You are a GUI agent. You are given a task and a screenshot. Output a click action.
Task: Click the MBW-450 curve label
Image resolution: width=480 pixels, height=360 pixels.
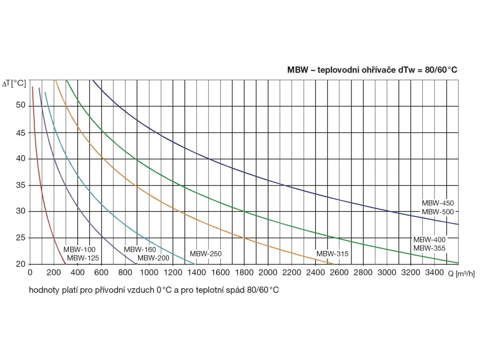(438, 203)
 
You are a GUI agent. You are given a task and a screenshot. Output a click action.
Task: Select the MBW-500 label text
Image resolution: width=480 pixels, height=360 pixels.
(438, 212)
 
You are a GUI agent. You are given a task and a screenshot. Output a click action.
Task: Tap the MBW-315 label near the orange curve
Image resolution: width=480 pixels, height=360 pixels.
(332, 254)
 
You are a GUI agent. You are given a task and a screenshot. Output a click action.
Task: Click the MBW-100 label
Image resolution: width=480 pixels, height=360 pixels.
(79, 249)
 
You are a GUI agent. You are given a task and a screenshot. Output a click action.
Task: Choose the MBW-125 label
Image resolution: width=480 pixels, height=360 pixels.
(83, 258)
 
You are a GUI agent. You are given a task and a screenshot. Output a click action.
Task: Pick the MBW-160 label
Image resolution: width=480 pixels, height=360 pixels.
(140, 249)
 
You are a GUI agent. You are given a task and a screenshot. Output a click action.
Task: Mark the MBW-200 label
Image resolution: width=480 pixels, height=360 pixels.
(153, 258)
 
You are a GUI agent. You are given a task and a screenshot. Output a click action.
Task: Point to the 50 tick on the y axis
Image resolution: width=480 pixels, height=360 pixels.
(20, 105)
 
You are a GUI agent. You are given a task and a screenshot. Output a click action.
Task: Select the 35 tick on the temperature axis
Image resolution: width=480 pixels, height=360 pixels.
(20, 185)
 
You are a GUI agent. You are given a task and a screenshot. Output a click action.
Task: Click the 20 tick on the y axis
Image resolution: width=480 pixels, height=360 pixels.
(20, 264)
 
